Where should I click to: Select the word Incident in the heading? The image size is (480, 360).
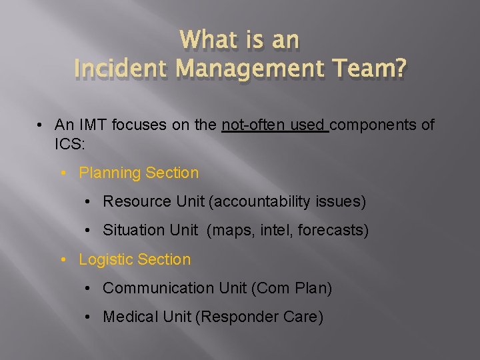tap(117, 69)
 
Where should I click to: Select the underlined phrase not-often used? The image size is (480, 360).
tap(274, 125)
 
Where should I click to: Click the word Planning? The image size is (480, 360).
tap(110, 173)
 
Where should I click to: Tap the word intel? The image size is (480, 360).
tap(273, 230)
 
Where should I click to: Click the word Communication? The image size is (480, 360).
tap(157, 288)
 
